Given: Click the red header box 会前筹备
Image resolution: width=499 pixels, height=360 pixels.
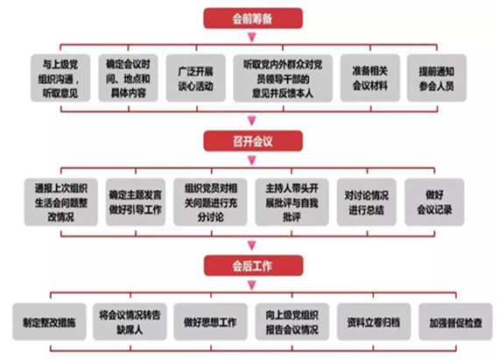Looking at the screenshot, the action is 253,18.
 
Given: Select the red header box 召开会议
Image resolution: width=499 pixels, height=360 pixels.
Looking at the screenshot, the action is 253,141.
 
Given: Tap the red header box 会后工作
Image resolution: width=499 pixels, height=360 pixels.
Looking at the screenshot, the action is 253,265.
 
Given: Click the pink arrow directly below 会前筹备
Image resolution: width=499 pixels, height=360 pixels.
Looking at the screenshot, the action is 252,38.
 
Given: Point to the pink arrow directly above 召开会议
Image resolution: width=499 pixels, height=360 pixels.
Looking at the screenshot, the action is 252,121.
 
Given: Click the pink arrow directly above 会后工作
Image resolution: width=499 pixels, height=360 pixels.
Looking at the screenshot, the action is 252,245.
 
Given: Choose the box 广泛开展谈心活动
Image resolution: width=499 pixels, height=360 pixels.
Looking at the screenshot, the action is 196,78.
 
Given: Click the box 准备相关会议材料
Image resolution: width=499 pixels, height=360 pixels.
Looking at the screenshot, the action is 370,78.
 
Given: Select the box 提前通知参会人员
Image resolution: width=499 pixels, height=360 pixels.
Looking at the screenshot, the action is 437,78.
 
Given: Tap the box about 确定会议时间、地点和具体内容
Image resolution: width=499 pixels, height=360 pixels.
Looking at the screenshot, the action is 128,78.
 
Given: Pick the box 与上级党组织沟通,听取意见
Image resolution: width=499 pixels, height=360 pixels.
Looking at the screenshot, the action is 60,78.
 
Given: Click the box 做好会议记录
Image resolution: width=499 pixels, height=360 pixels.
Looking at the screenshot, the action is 434,202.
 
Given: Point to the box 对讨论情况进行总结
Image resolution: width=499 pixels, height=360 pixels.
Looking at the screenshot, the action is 367,202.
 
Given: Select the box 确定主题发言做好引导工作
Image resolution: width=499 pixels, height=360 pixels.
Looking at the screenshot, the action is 136,202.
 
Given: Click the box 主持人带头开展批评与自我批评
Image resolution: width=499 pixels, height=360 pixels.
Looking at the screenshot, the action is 292,202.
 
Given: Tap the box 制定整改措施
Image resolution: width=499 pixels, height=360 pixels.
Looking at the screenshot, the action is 49,321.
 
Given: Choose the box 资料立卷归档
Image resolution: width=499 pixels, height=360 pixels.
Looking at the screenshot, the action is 374,321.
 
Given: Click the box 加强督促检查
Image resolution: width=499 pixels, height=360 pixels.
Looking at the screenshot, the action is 456,321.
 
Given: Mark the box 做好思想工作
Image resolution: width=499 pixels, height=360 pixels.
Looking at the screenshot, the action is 210,321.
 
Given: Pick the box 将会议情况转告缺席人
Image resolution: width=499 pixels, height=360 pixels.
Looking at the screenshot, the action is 130,321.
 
